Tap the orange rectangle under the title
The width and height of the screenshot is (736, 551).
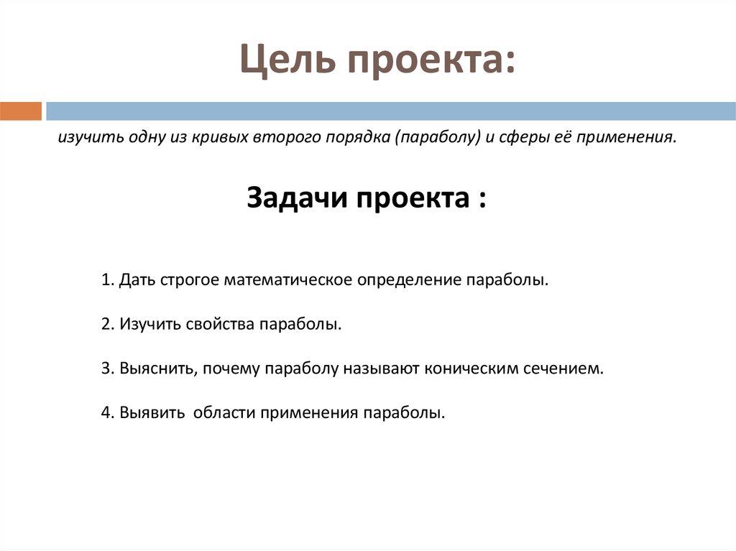[x=21, y=111]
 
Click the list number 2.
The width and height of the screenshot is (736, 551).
[x=106, y=324]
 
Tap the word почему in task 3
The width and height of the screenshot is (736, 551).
[x=231, y=369]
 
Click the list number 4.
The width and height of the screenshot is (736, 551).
[x=106, y=414]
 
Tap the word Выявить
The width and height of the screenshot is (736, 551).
[x=152, y=414]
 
